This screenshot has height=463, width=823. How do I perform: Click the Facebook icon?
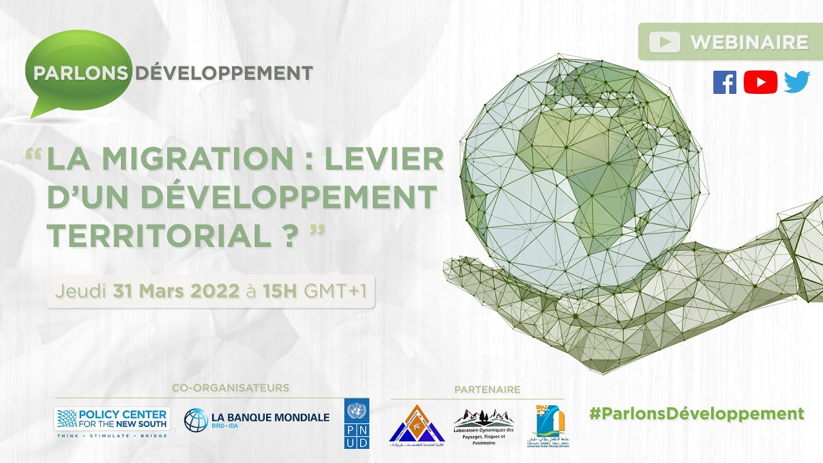[x=725, y=82]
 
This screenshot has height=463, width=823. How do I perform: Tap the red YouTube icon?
[x=760, y=82]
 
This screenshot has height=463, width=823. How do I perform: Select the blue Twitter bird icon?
[x=797, y=82]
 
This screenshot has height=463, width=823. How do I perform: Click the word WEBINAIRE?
[x=749, y=42]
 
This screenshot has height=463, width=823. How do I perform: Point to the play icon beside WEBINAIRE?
[x=664, y=42]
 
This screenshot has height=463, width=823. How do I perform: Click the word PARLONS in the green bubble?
[x=80, y=73]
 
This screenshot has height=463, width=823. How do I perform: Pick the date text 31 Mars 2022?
[x=176, y=291]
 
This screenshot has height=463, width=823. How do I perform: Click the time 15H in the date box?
[x=279, y=291]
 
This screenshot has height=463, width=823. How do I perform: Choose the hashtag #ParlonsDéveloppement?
[x=696, y=413]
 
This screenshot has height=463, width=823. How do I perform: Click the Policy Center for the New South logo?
[x=111, y=419]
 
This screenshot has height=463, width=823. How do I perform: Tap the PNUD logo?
[x=357, y=423]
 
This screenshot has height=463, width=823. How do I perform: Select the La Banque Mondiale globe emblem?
[x=195, y=420]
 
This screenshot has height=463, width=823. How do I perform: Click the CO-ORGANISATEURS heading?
[x=230, y=388]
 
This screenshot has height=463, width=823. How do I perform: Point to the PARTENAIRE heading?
[x=487, y=389]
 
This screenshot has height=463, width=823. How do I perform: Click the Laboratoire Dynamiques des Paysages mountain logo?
[x=484, y=426]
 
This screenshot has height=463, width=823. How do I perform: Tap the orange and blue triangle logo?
[x=417, y=423]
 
